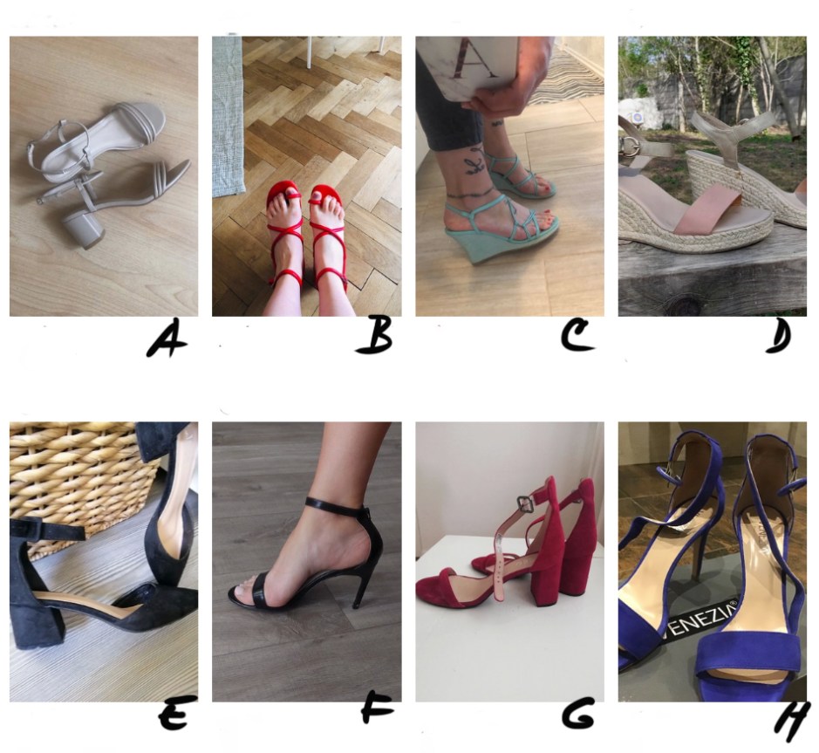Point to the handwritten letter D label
click(778, 336)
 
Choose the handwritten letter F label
click(377, 710)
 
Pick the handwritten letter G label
click(577, 714)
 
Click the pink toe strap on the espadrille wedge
click(706, 212)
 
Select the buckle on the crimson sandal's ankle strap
click(525, 503)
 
